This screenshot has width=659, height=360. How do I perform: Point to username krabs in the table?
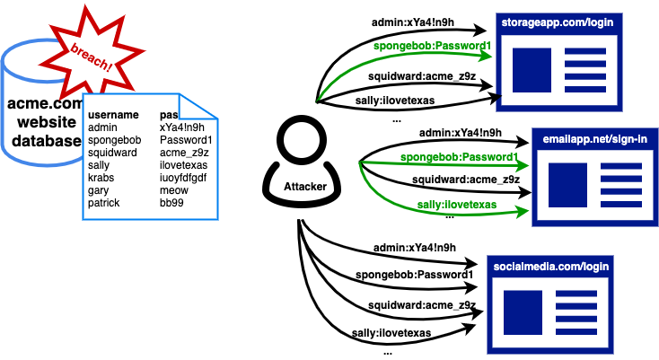point(102,178)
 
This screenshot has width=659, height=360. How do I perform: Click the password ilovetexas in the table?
point(183,165)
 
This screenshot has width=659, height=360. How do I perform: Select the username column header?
point(113,115)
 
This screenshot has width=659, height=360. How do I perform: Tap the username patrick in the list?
point(105,203)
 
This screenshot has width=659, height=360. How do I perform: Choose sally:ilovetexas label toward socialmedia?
point(393,333)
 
